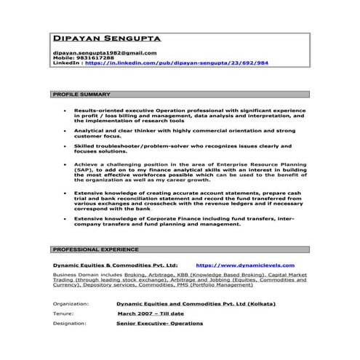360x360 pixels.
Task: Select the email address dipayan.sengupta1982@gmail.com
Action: point(105,53)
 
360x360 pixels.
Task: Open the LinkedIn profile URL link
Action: point(177,64)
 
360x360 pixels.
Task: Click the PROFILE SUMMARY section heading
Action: point(82,95)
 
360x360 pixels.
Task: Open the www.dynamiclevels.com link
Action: point(245,266)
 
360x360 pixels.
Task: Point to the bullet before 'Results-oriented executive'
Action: point(65,111)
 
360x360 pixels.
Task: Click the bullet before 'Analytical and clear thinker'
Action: point(65,129)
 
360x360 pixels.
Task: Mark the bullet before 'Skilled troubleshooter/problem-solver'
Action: point(65,146)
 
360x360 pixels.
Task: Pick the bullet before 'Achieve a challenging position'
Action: point(65,164)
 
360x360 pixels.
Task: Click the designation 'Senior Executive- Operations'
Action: point(160,323)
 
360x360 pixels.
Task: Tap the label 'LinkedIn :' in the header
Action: point(68,64)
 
